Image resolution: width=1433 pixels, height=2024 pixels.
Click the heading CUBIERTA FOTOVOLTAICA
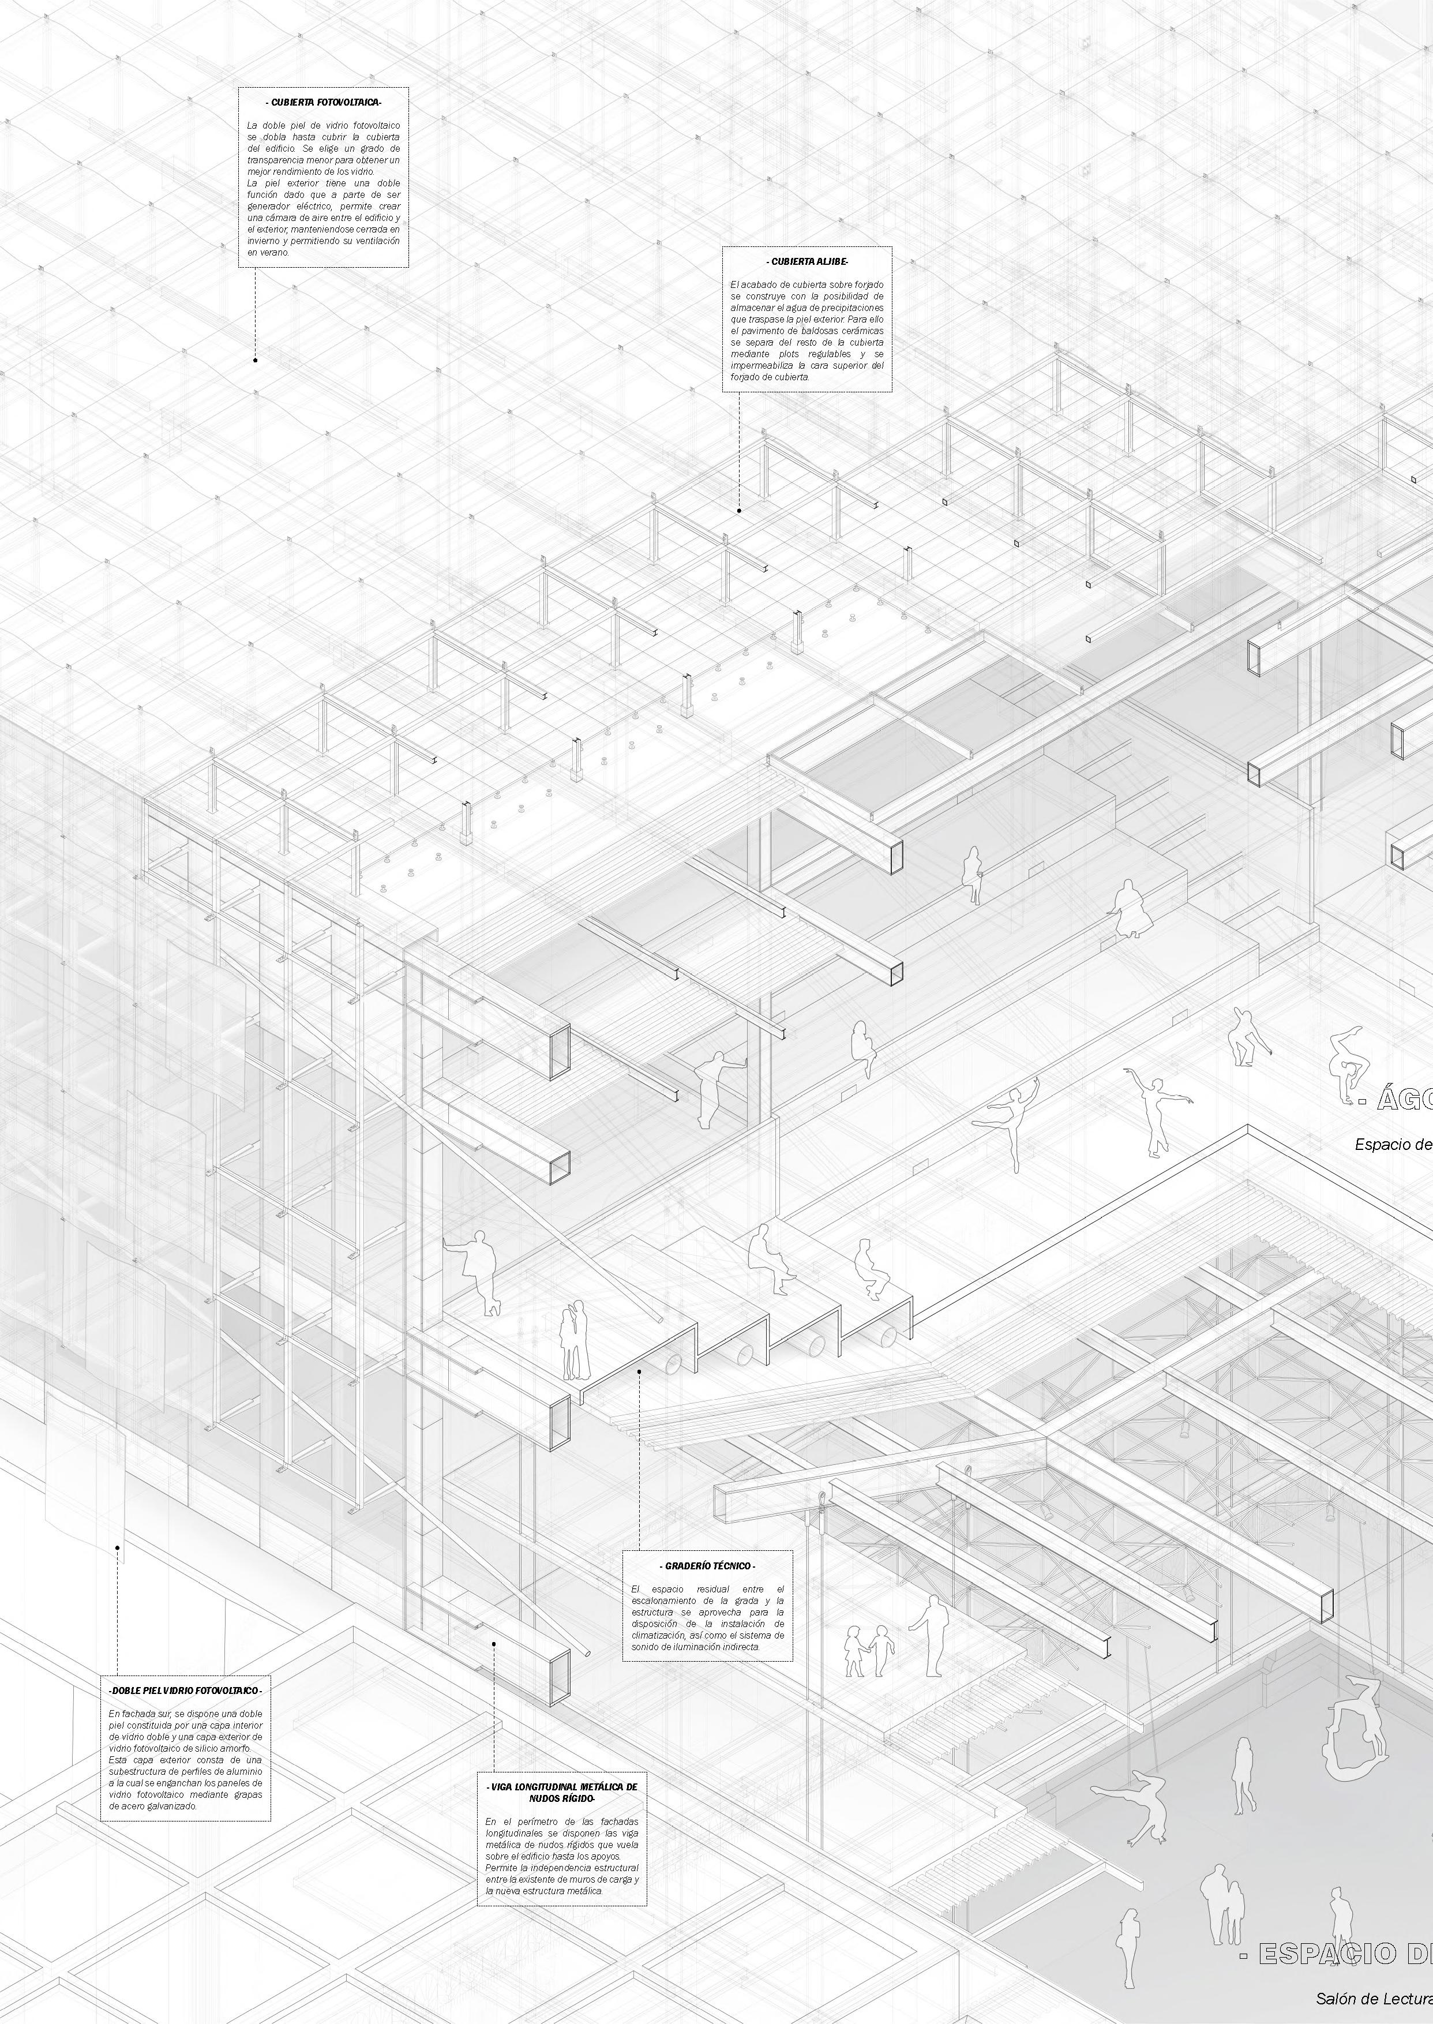tap(323, 102)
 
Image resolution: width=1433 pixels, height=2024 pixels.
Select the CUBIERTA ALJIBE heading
tap(806, 262)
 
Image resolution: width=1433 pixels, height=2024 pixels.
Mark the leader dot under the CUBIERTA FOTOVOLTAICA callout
tap(255, 360)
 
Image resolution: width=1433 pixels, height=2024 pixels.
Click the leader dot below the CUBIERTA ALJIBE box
tap(740, 510)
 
